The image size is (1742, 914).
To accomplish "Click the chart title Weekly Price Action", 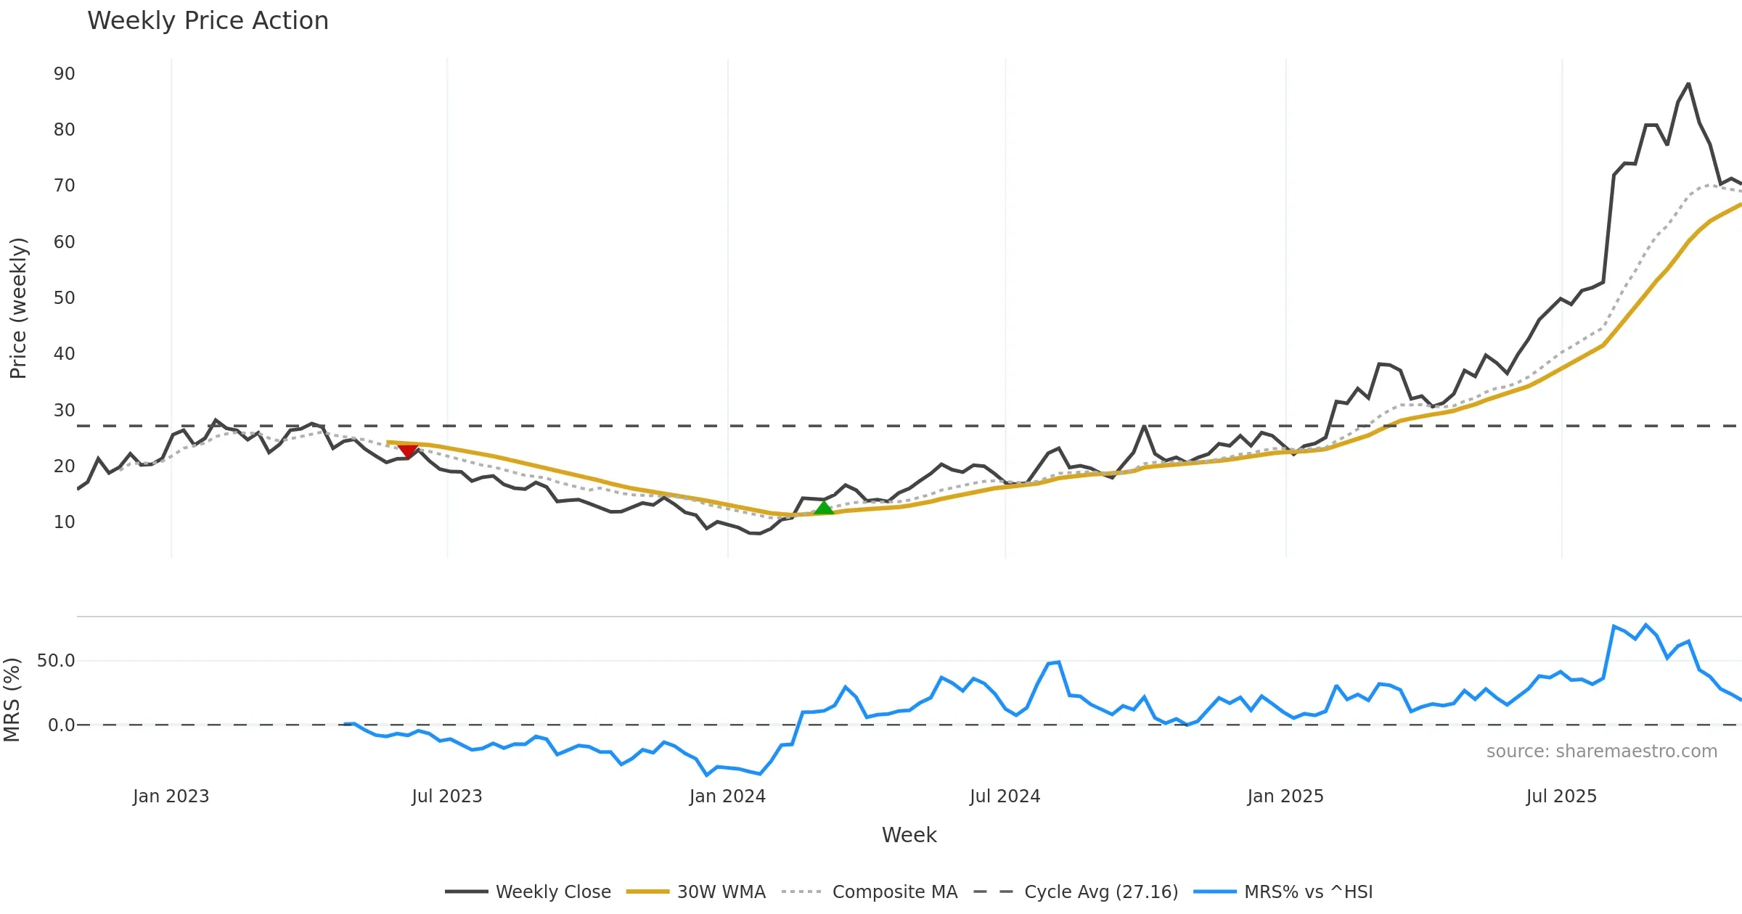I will pos(208,21).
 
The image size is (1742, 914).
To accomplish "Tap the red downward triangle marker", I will pos(408,451).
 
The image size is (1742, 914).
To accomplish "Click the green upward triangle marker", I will pos(824,508).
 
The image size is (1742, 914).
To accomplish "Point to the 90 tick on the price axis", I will pos(65,74).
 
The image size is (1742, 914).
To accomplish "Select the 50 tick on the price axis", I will pos(65,298).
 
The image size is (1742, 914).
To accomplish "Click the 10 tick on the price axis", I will pos(65,522).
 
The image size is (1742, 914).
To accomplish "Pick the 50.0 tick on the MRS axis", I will pos(56,661).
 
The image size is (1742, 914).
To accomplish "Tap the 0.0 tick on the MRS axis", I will pos(62,725).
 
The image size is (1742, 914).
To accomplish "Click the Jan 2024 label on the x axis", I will pos(727,796).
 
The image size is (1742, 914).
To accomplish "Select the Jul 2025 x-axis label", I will pos(1561,796).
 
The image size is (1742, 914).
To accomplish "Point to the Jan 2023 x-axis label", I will pos(171,796).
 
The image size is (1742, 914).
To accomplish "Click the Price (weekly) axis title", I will pos(18,308).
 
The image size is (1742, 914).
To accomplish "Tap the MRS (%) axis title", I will pos(12,700).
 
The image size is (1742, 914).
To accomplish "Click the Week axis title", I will pos(909,836).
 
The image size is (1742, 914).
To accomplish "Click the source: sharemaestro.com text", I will pos(1601,752).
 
